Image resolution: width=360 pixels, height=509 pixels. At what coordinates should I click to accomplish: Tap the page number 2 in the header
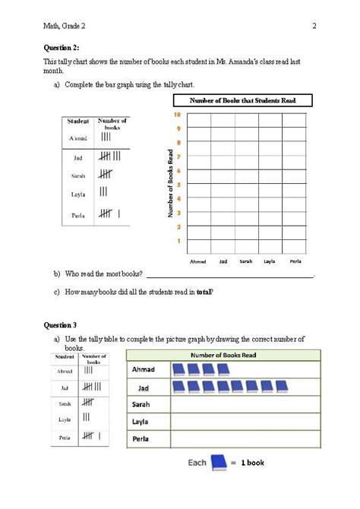314,27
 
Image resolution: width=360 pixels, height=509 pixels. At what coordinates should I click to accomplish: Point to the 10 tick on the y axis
177,115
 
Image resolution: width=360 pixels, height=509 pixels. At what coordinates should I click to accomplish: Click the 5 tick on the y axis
178,185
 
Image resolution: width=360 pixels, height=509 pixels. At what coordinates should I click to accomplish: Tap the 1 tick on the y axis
178,241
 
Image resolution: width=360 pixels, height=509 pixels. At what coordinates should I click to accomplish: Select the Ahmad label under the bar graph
198,261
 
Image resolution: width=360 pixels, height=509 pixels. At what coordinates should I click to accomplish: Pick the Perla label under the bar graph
295,261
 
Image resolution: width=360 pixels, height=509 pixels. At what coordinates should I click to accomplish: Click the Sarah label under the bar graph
246,261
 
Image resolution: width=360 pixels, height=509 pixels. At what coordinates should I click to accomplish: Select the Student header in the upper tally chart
78,121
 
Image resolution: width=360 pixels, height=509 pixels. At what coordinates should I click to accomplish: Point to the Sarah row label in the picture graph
141,404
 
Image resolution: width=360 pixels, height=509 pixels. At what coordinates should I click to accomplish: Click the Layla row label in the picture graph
141,422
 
